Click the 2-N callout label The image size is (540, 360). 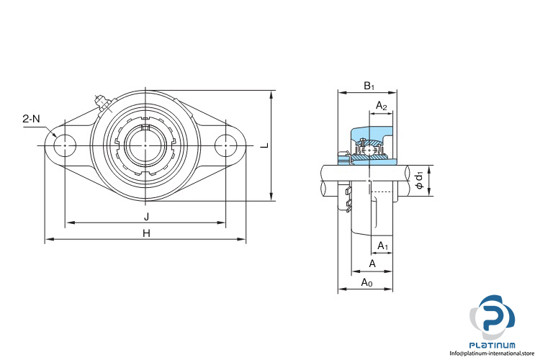pyautogui.click(x=32, y=120)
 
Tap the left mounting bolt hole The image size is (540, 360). pyautogui.click(x=65, y=145)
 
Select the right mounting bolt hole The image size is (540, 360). pyautogui.click(x=225, y=145)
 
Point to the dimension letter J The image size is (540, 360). pyautogui.click(x=147, y=217)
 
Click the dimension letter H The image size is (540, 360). pyautogui.click(x=147, y=233)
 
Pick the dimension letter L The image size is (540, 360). pyautogui.click(x=264, y=145)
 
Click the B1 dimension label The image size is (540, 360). pyautogui.click(x=369, y=86)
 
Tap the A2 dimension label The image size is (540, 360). pyautogui.click(x=381, y=105)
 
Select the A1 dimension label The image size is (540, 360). pyautogui.click(x=383, y=246)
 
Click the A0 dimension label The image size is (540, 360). pyautogui.click(x=366, y=283)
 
